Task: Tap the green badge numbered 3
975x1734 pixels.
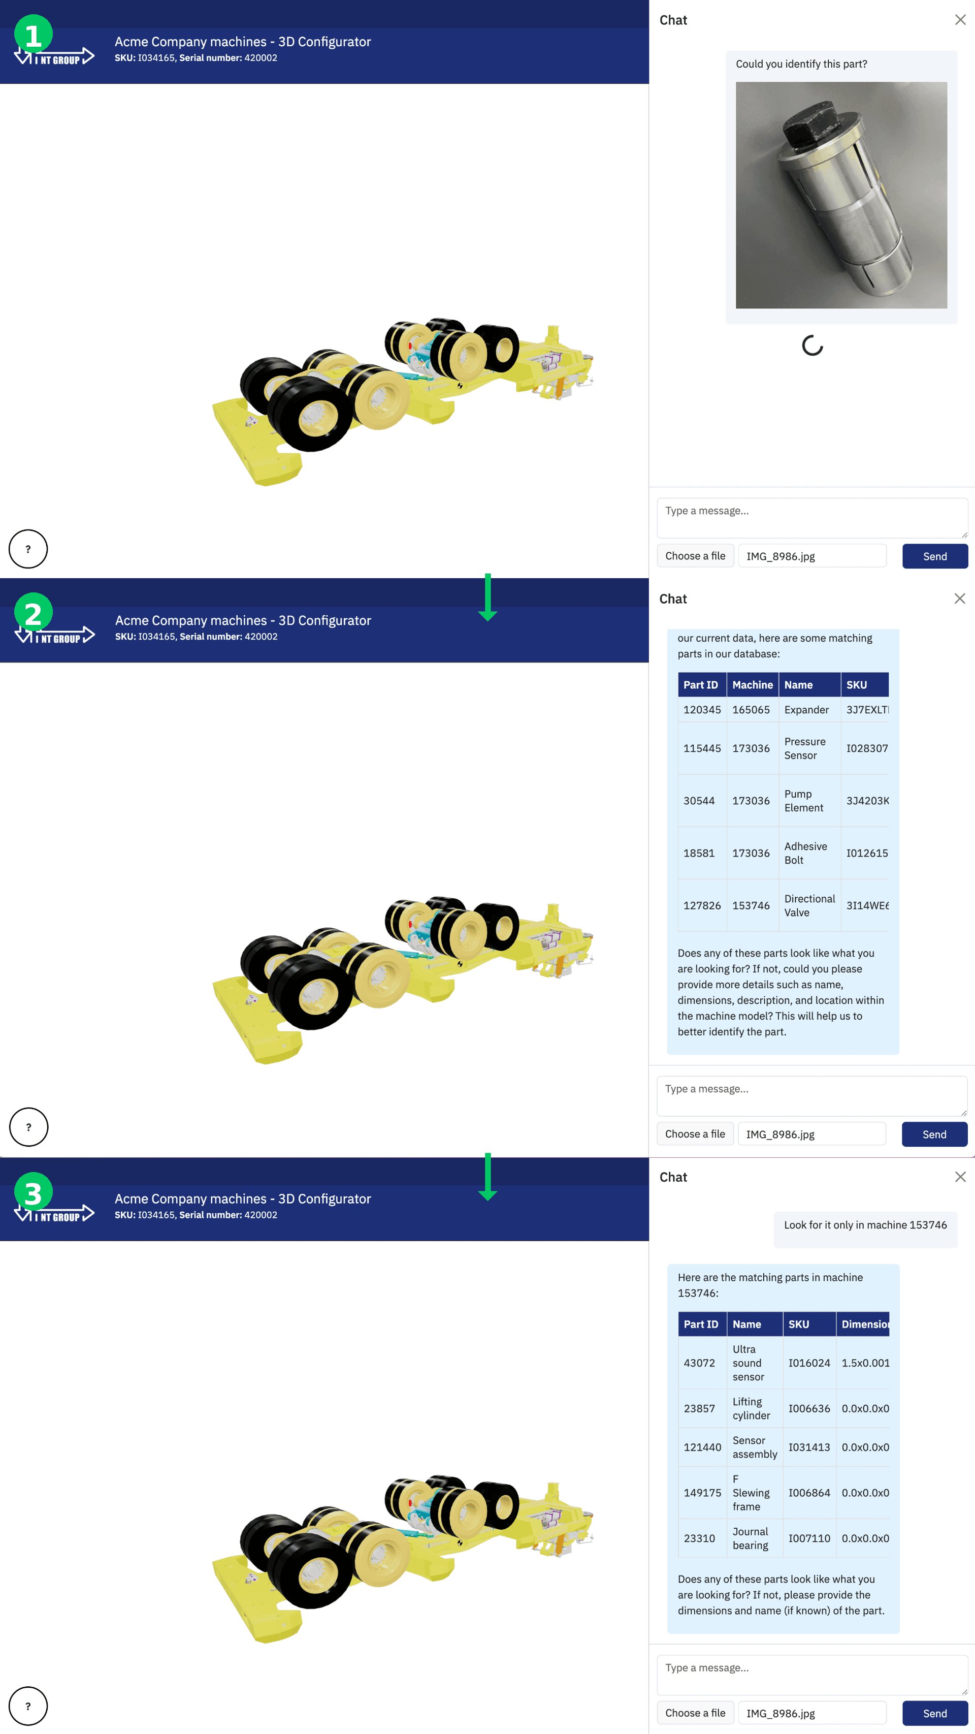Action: [x=33, y=1193]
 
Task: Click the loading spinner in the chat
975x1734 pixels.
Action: [x=812, y=345]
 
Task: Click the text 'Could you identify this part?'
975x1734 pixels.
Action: [x=801, y=64]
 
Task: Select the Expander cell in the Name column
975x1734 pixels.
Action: [x=806, y=709]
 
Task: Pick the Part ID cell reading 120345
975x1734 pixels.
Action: [x=702, y=709]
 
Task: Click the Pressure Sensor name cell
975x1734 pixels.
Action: [x=805, y=748]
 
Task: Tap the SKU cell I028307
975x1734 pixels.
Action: [x=867, y=748]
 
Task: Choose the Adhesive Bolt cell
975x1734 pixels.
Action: [x=805, y=853]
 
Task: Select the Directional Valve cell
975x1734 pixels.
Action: [x=809, y=905]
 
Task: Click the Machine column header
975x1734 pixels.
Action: [x=752, y=684]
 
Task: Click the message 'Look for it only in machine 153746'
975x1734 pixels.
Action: [x=865, y=1224]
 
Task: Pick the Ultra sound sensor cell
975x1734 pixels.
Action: [x=747, y=1363]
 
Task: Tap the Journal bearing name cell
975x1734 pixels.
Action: [x=750, y=1538]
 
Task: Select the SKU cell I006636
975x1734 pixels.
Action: [x=809, y=1408]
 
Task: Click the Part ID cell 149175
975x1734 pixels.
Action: [x=702, y=1492]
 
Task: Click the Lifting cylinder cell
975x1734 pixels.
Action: [x=751, y=1408]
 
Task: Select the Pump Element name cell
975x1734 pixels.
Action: [x=803, y=800]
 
